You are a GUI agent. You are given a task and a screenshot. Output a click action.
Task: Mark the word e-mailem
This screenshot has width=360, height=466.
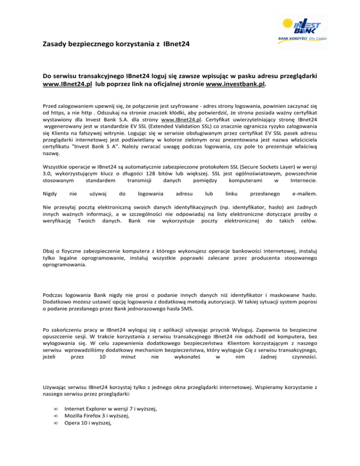coord(304,194)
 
